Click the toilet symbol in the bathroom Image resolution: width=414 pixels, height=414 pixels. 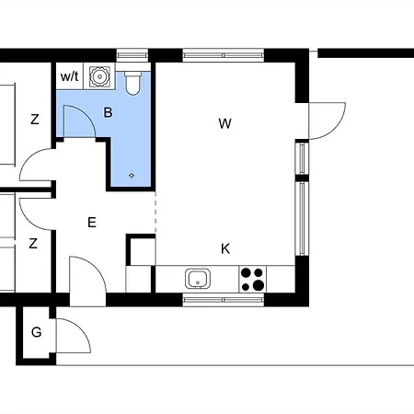point(132,83)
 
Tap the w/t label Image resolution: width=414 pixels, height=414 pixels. point(70,76)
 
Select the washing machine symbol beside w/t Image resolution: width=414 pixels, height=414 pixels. point(99,76)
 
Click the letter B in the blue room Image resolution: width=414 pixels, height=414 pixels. point(108,112)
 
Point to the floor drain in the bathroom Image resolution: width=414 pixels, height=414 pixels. point(132,176)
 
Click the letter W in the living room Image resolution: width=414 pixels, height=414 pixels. point(225,123)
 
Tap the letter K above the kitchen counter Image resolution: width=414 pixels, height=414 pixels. point(225,248)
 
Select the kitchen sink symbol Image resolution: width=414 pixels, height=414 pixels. point(198,279)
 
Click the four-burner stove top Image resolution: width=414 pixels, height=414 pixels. point(253,279)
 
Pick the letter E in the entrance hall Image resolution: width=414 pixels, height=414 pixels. point(92,222)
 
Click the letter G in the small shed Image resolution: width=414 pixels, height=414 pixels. point(37,332)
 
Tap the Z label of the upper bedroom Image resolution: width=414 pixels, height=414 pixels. point(35,119)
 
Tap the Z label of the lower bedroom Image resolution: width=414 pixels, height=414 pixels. point(33,244)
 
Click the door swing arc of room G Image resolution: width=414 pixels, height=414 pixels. point(81,328)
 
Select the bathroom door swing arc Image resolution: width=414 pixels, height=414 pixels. point(86,115)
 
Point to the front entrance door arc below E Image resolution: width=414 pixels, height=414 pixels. point(97,267)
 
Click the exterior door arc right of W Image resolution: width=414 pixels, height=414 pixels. point(336,129)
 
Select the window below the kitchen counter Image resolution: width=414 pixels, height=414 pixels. point(224,300)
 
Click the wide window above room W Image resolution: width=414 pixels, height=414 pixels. point(224,55)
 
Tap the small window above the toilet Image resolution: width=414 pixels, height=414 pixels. point(132,55)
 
